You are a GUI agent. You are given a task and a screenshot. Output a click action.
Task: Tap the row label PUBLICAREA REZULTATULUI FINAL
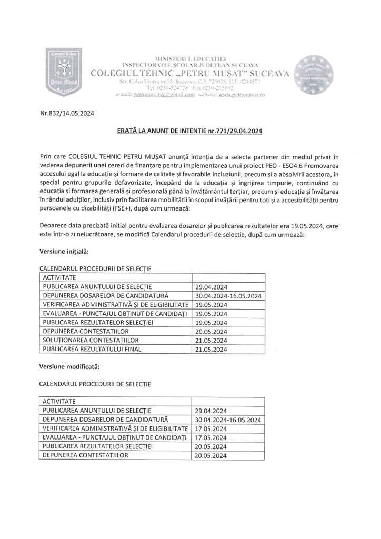tap(93, 349)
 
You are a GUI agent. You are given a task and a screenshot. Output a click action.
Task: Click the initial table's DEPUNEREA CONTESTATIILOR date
tap(210, 332)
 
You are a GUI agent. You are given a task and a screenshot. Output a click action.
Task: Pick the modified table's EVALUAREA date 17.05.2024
tap(210, 437)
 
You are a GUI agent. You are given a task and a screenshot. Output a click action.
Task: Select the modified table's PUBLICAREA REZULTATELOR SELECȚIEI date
tap(210, 446)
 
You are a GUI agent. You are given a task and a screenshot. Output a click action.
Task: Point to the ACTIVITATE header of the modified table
tap(60, 401)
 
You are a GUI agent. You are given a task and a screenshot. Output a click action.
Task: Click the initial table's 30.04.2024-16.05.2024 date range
tap(228, 296)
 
